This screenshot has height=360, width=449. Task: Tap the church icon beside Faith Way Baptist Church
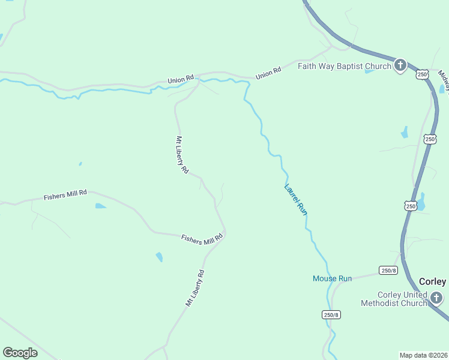[x=400, y=65]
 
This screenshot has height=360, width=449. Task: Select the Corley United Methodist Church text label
[x=394, y=299]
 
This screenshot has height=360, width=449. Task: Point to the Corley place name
[x=432, y=281]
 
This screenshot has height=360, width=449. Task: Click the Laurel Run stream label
[x=296, y=199]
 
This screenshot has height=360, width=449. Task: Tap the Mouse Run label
[x=332, y=278]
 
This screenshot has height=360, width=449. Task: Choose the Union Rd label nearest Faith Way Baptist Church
[x=268, y=74]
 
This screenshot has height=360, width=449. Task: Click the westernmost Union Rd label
[x=181, y=79]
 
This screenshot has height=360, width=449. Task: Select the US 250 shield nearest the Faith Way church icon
[x=423, y=74]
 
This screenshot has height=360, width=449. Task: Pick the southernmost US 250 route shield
[x=410, y=206]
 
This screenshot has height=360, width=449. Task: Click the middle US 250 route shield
[x=430, y=139]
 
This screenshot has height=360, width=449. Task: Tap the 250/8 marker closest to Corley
[x=388, y=271]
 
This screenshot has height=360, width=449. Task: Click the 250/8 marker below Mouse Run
[x=331, y=314]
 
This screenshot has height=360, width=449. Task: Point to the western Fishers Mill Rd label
[x=65, y=196]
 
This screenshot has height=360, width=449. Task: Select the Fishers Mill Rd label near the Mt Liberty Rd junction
[x=202, y=238]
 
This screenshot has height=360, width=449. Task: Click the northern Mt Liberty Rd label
[x=182, y=154]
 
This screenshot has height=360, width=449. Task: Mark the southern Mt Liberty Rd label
[x=195, y=289]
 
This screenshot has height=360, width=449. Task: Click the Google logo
[x=20, y=353]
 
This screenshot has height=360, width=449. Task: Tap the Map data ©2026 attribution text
[x=423, y=355]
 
